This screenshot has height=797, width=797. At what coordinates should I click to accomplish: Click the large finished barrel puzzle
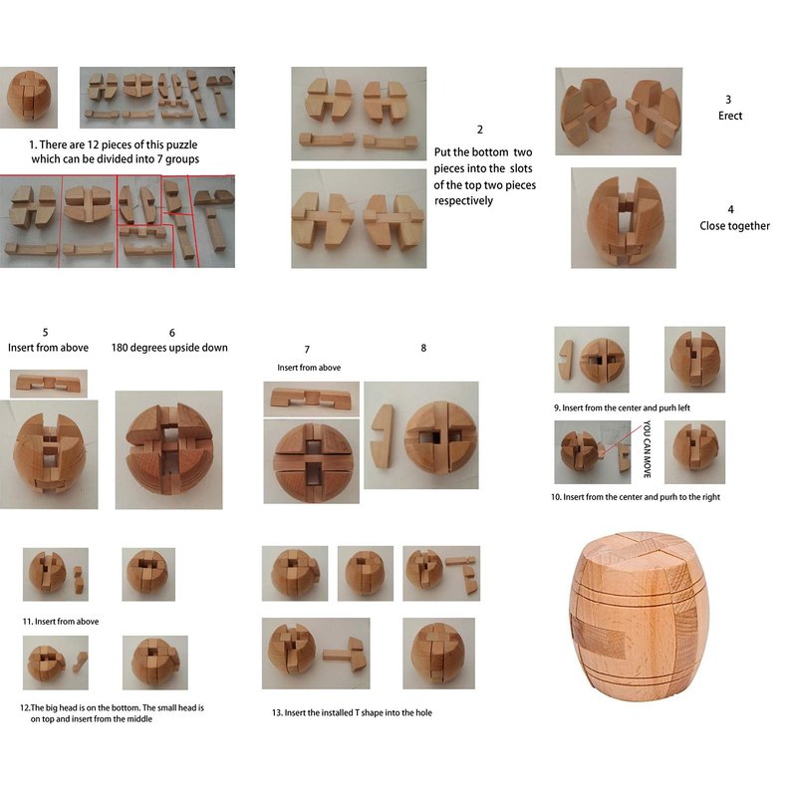[634, 616]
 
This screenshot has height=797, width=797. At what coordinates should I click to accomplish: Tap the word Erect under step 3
[730, 116]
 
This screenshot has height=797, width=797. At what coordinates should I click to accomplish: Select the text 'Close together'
[734, 226]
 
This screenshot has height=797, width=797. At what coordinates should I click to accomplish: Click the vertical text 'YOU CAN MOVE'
[647, 449]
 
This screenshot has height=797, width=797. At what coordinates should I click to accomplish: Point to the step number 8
[423, 348]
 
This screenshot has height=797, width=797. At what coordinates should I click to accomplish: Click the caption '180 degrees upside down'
[169, 348]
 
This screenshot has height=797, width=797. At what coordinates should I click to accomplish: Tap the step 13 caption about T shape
[352, 712]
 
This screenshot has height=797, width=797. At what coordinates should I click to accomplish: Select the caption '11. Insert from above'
[61, 621]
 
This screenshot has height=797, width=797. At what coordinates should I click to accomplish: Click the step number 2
[479, 130]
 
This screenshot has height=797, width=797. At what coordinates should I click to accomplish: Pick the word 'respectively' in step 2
[463, 201]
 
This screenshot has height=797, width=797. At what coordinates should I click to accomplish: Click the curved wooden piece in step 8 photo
[383, 436]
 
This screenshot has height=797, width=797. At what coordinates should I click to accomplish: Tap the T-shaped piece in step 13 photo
[344, 654]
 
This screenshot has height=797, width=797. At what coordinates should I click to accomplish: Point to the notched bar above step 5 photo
[48, 384]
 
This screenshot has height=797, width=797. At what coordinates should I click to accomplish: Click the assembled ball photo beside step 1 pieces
[29, 97]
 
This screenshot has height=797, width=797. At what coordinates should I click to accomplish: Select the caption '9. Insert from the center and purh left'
[622, 407]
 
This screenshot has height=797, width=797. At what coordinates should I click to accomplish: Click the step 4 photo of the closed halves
[624, 218]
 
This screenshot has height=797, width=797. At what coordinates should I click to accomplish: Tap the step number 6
[171, 333]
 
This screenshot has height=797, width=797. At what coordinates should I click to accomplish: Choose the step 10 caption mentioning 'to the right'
[636, 496]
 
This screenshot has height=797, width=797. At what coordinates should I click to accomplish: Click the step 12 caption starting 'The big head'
[112, 713]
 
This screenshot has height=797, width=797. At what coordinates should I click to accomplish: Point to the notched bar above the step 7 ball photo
[311, 398]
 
